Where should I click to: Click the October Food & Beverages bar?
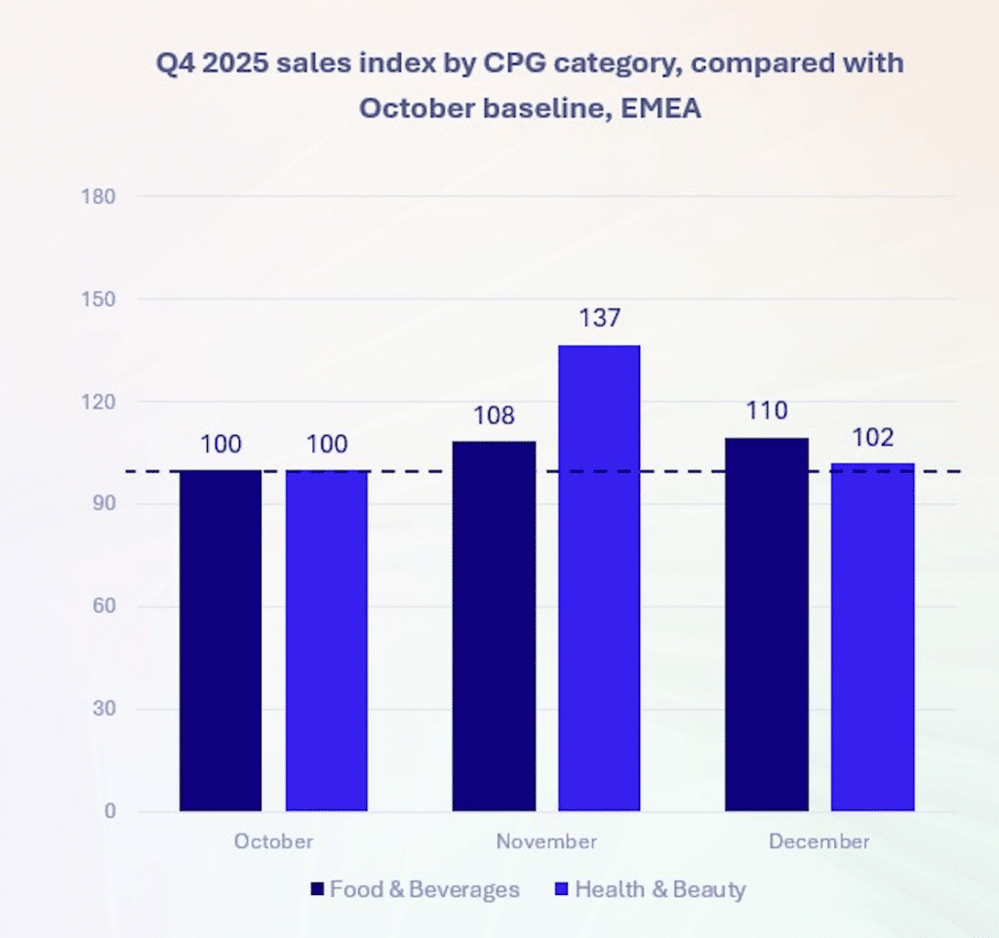(x=220, y=641)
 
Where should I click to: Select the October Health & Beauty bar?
(x=326, y=641)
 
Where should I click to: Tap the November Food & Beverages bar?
(x=494, y=627)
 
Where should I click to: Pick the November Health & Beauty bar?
(x=600, y=578)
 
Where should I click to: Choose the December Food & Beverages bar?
(x=767, y=625)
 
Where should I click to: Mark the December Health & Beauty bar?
(x=873, y=637)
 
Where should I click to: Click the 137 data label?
(x=600, y=318)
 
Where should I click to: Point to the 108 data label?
(x=494, y=415)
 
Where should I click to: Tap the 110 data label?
(x=767, y=410)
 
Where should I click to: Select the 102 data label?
(x=873, y=438)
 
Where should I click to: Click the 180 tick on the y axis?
(x=99, y=197)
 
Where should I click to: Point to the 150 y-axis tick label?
(x=99, y=299)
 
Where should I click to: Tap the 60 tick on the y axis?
(x=104, y=606)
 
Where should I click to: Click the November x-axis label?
(x=546, y=841)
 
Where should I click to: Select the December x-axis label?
(x=819, y=841)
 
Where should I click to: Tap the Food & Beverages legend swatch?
(x=317, y=889)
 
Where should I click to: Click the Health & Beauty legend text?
(x=660, y=889)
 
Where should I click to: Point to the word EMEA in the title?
(x=661, y=108)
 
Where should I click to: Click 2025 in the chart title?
(x=235, y=63)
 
